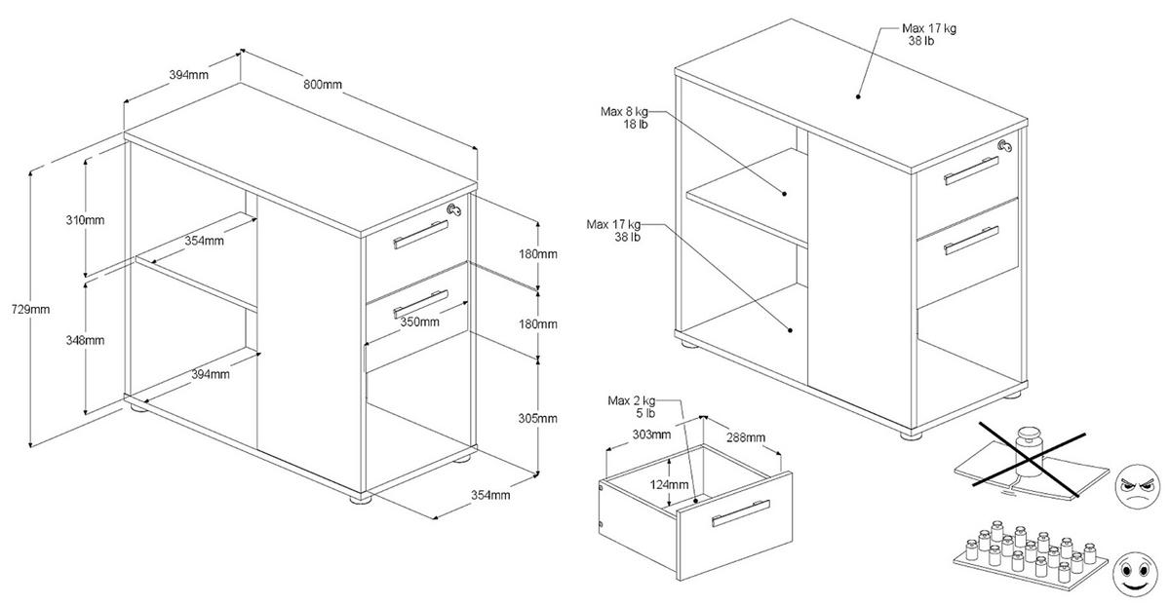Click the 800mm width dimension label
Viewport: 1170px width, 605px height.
(322, 84)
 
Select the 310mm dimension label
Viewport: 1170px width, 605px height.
(87, 219)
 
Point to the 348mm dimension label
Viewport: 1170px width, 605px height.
(87, 341)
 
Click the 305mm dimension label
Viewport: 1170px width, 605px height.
(536, 418)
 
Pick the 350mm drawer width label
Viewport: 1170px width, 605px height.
(419, 321)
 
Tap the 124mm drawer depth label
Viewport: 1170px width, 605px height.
(672, 483)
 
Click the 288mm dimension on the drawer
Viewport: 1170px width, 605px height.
(744, 438)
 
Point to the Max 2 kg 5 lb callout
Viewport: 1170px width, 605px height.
(631, 406)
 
